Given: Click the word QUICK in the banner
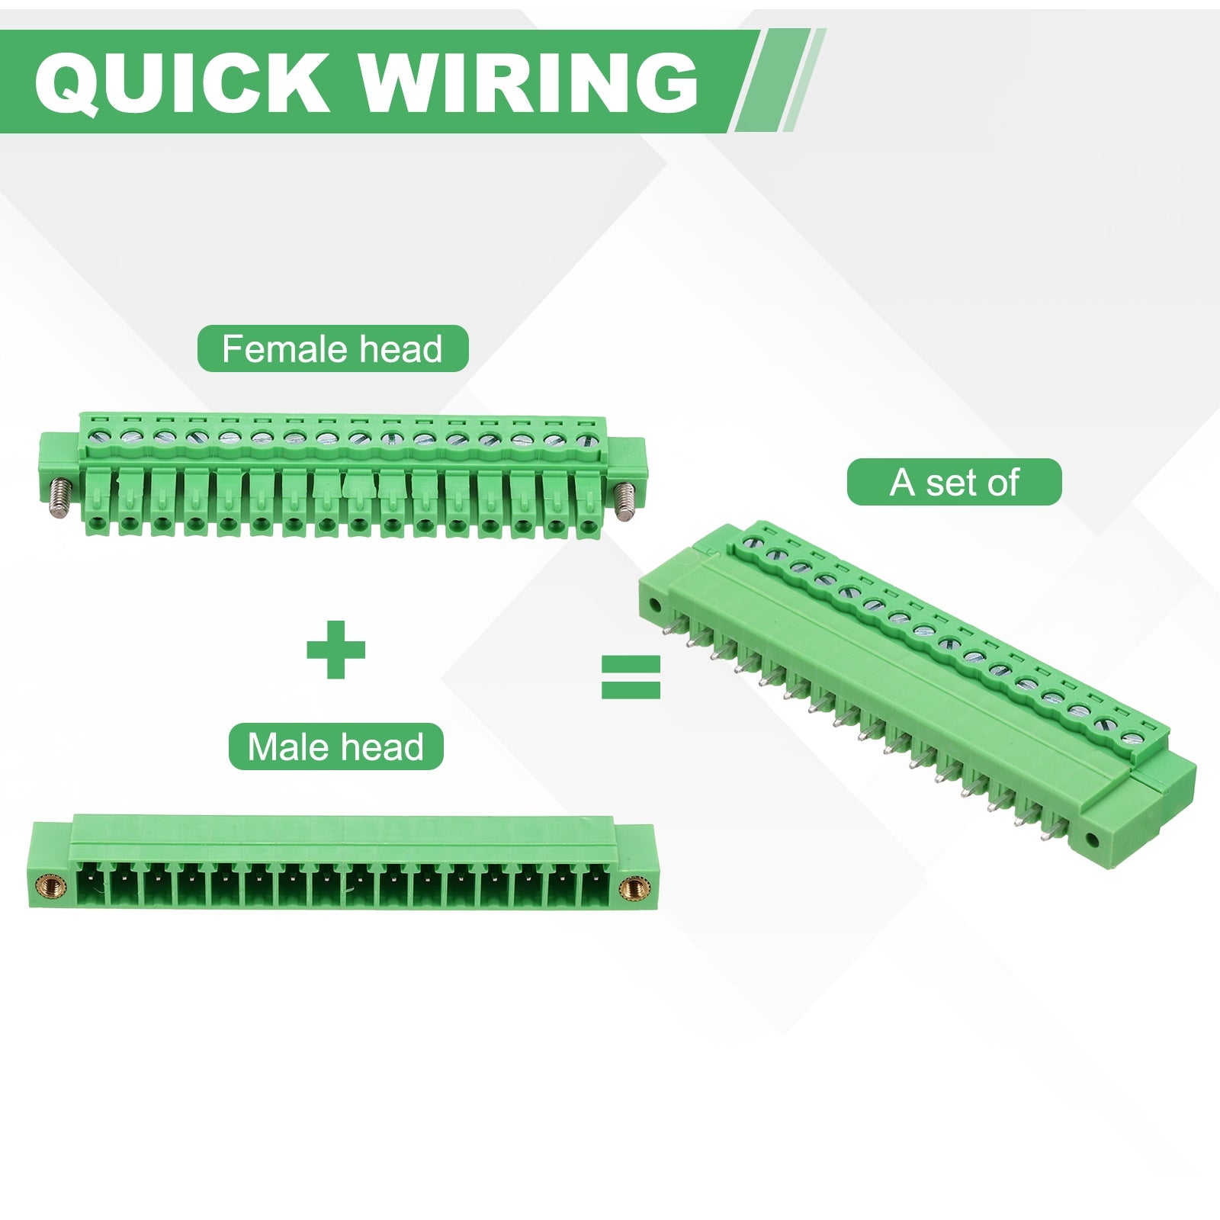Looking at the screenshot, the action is click(181, 82).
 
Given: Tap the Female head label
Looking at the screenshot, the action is click(332, 349).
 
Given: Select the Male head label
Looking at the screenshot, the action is click(335, 746).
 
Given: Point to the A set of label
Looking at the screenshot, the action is click(954, 482).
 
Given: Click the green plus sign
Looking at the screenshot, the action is click(335, 650).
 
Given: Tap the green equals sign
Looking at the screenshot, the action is click(631, 676).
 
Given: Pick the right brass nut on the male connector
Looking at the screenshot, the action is click(631, 887).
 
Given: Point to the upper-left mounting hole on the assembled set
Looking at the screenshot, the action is click(653, 608).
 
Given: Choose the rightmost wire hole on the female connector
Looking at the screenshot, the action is click(587, 525).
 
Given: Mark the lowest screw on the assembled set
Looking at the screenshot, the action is click(1132, 737).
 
